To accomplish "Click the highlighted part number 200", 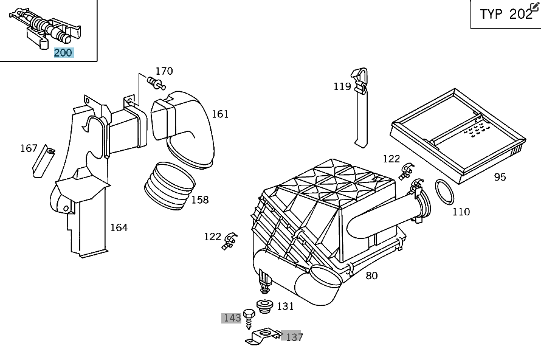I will (x=63, y=53).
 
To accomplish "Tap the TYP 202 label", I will (x=505, y=15).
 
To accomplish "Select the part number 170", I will (x=164, y=71).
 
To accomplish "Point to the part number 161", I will (x=220, y=114).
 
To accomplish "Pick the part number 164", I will (x=119, y=227).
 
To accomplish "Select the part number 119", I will (x=342, y=86).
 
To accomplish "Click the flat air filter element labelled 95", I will (x=457, y=130).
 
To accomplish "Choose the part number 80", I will (x=371, y=275).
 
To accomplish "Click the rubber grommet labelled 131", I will (x=264, y=306).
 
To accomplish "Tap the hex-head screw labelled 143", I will (x=248, y=316).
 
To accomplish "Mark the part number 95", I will (x=500, y=177).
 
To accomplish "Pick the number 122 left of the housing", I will (x=212, y=237).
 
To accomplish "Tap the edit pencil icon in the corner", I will (x=534, y=6).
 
